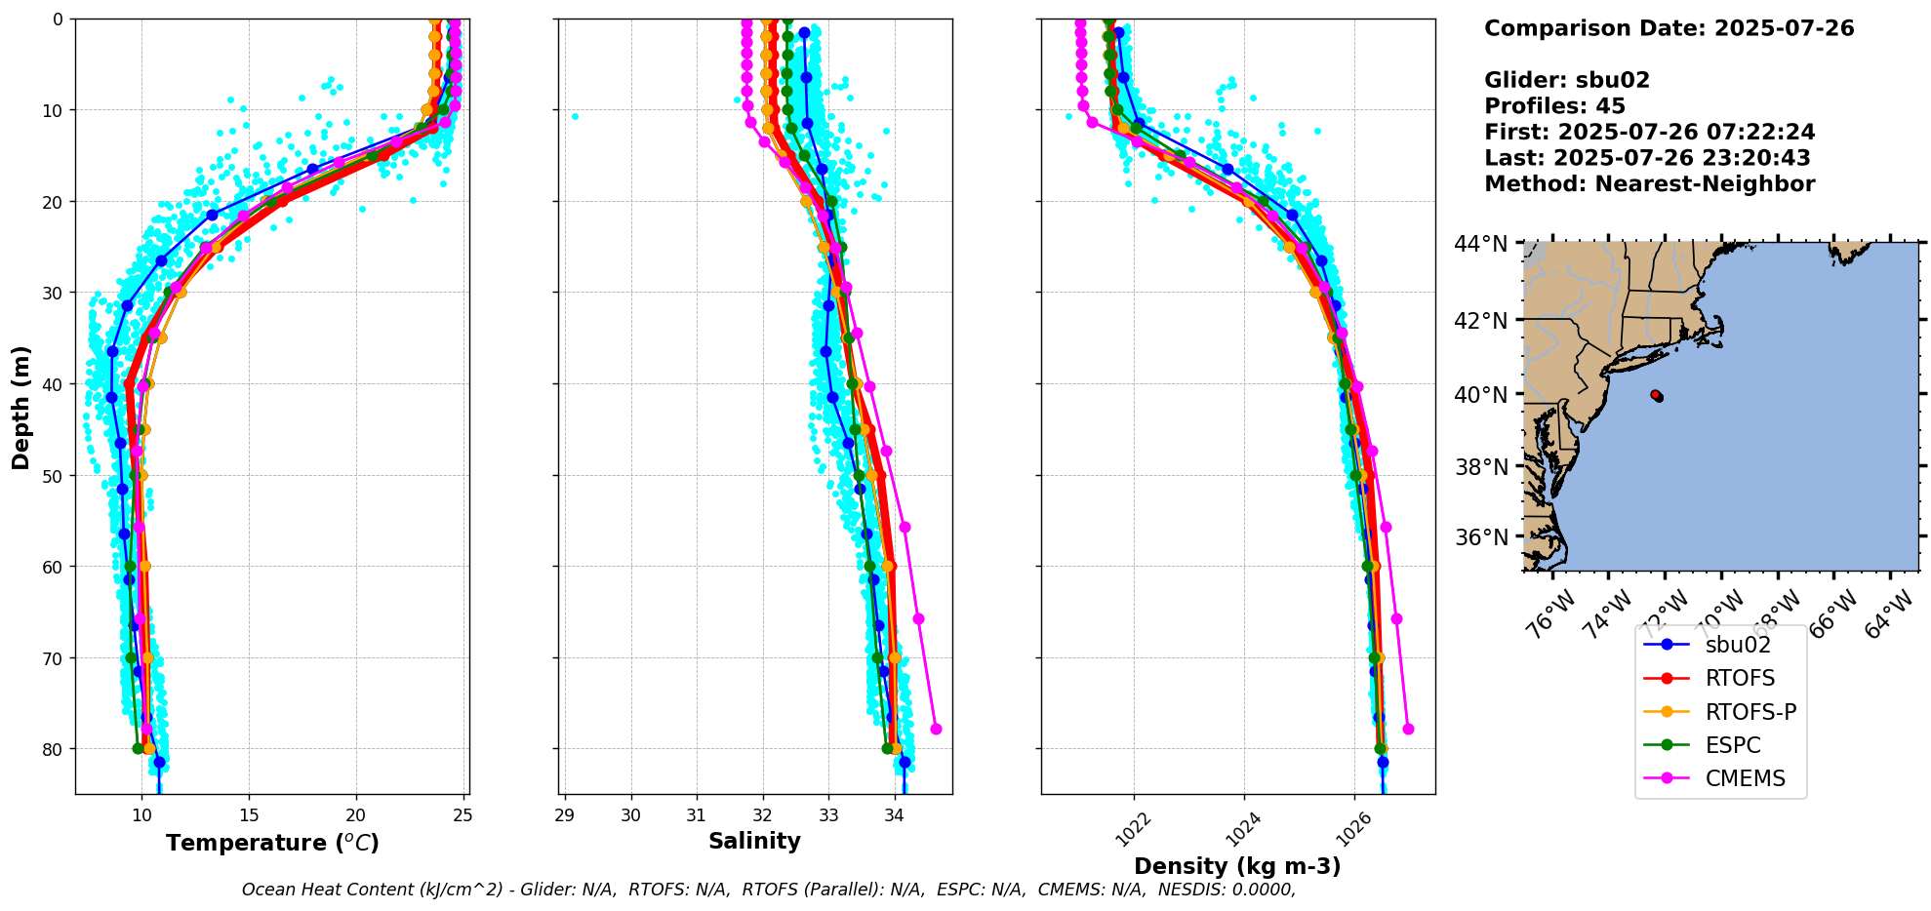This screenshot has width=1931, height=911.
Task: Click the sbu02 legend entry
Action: click(x=1737, y=645)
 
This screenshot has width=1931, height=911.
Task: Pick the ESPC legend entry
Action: click(x=1733, y=745)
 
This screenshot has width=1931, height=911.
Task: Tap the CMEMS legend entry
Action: click(x=1745, y=778)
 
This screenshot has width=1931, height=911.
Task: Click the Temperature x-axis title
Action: click(x=272, y=843)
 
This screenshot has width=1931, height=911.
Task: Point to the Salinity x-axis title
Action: click(x=754, y=841)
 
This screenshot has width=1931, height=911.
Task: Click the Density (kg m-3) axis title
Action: click(x=1237, y=866)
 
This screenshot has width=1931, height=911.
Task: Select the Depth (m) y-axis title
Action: click(x=21, y=407)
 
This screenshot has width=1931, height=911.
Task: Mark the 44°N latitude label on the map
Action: click(x=1481, y=244)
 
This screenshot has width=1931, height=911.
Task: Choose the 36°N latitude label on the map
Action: click(x=1481, y=537)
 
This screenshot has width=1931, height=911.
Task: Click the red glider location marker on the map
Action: click(x=1656, y=395)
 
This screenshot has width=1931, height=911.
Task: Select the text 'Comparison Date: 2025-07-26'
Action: click(x=1669, y=28)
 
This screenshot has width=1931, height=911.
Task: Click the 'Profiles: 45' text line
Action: click(x=1554, y=106)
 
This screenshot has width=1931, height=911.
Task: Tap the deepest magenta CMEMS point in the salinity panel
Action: click(x=936, y=729)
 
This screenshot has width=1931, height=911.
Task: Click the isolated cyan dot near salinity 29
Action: click(x=575, y=117)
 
